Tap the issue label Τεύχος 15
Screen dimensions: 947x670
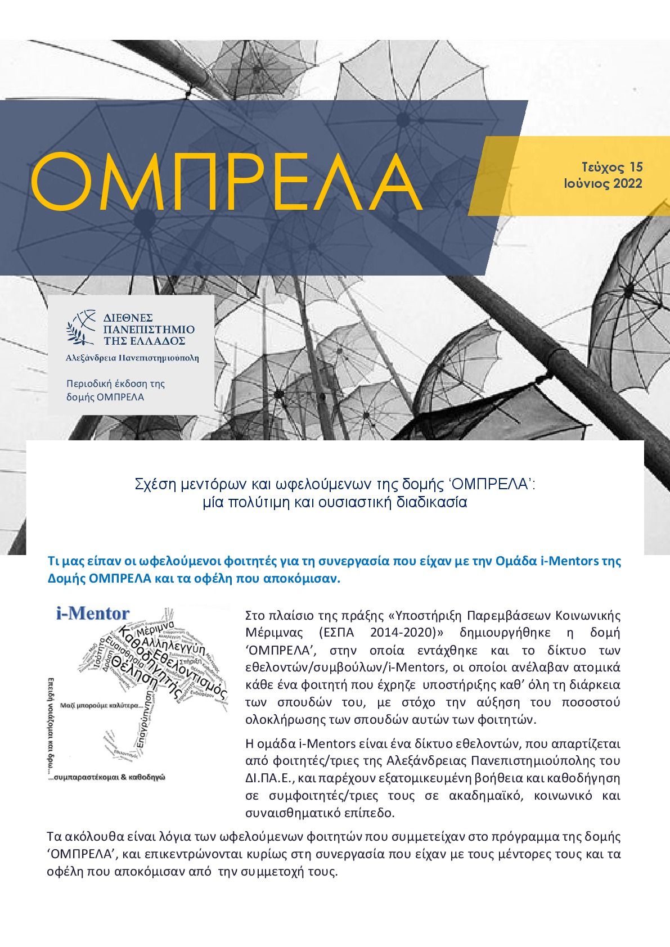[x=612, y=167]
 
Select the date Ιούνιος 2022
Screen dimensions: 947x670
[x=603, y=183]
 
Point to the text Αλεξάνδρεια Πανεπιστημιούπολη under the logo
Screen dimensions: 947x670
[x=132, y=358]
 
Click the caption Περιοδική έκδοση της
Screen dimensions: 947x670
[x=115, y=384]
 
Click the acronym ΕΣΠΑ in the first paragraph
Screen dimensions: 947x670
[x=345, y=632]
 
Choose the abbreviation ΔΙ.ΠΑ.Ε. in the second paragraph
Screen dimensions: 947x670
[x=272, y=779]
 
